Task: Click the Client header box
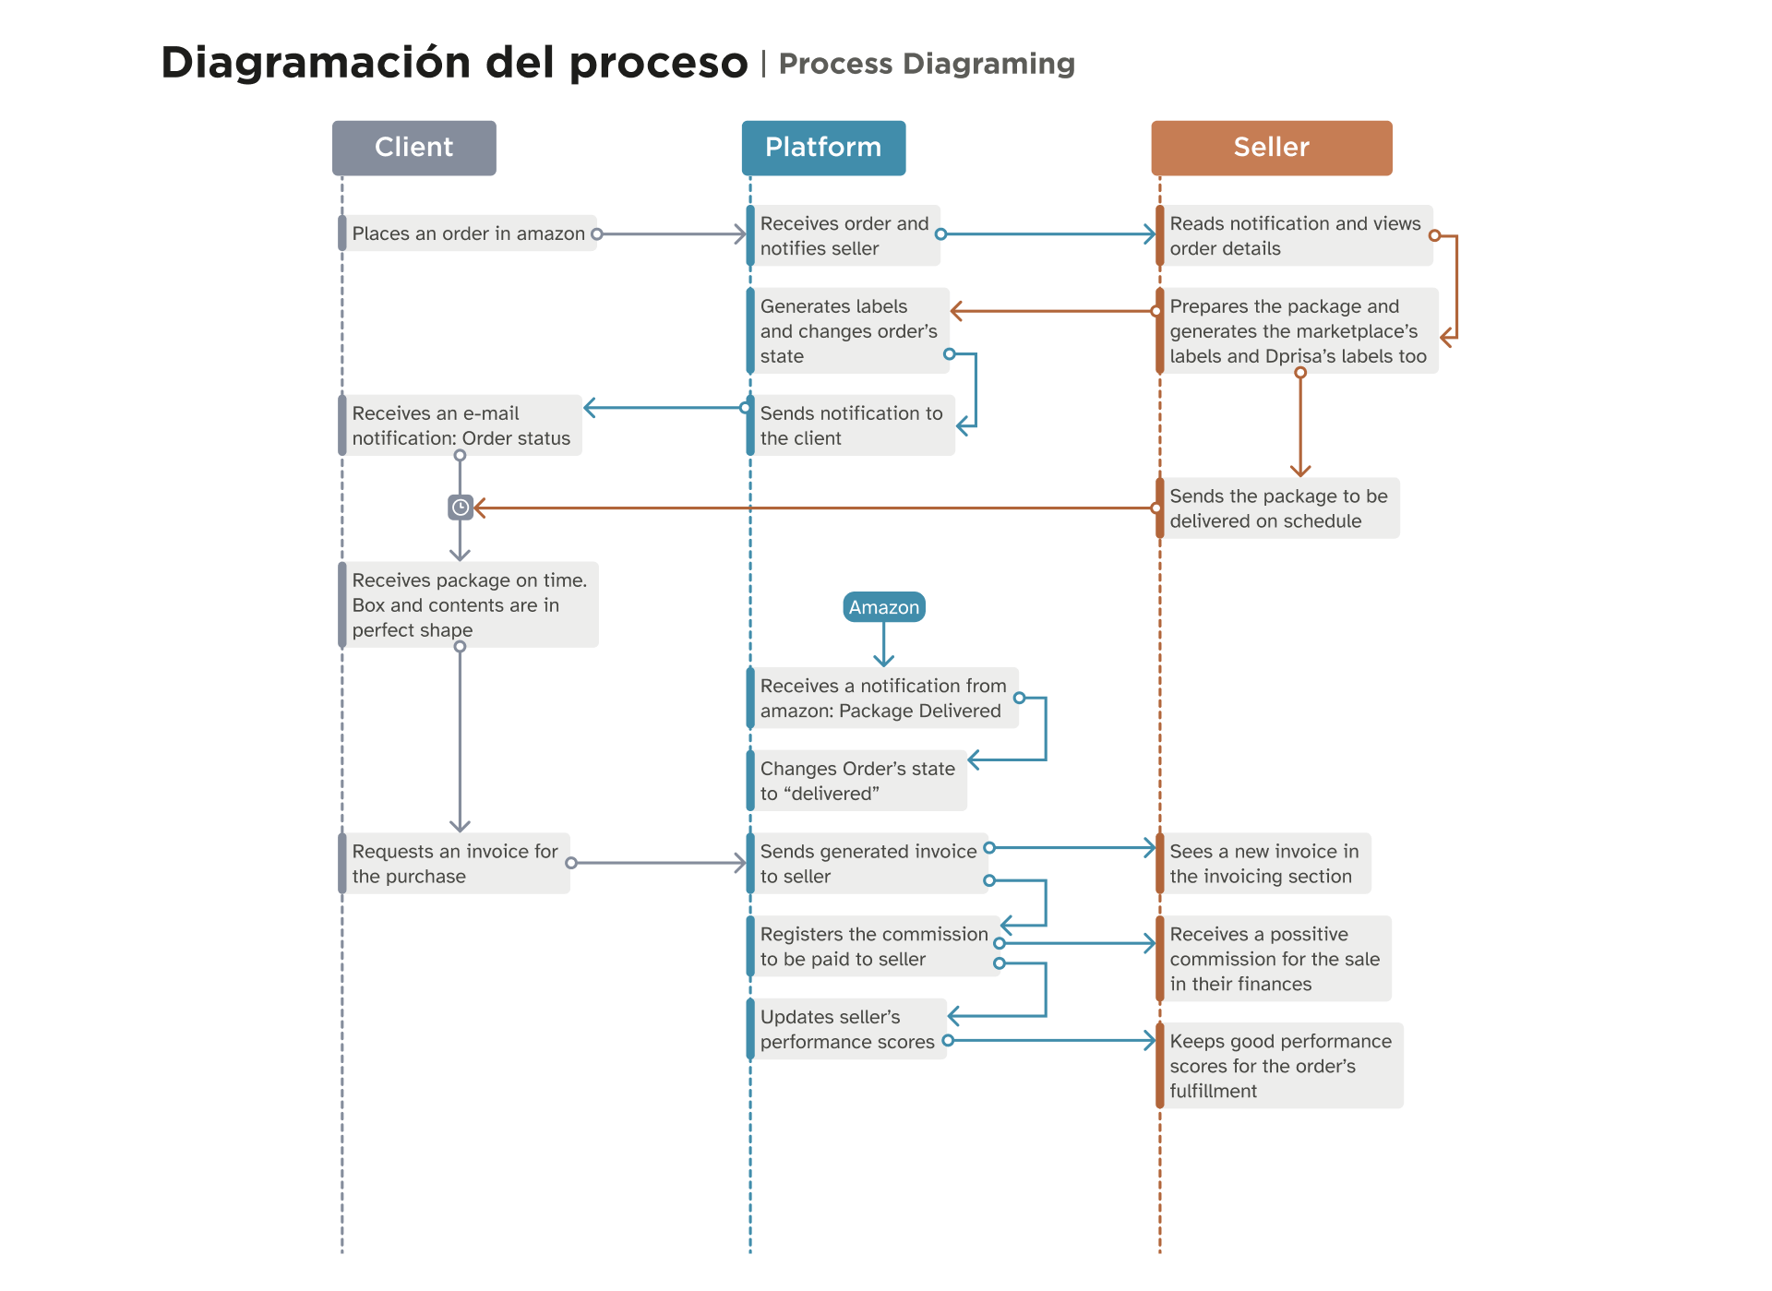click(413, 148)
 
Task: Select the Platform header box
click(823, 148)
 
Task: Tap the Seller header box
click(1271, 148)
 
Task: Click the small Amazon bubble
click(883, 607)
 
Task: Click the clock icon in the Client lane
click(460, 508)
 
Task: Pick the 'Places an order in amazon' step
click(468, 234)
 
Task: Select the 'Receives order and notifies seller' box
click(844, 236)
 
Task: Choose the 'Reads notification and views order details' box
click(1294, 236)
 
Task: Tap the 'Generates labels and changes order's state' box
click(847, 331)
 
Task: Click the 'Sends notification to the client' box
click(850, 425)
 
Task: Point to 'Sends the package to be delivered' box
click(1277, 508)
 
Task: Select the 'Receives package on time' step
click(469, 605)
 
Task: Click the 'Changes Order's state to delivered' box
click(856, 781)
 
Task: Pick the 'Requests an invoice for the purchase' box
click(454, 864)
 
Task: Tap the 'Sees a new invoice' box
click(1263, 864)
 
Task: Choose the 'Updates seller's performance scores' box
click(846, 1029)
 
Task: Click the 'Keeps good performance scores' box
click(1279, 1066)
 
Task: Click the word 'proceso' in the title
click(658, 64)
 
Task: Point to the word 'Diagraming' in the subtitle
click(988, 64)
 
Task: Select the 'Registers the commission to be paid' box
click(872, 947)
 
